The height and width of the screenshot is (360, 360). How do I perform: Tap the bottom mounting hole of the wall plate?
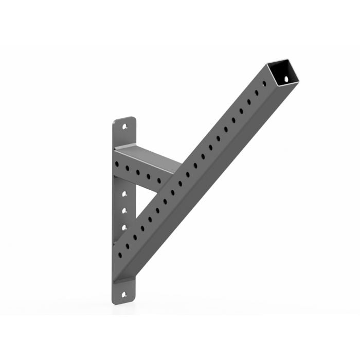(x=123, y=295)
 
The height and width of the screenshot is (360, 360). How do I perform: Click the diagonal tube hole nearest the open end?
(x=264, y=83)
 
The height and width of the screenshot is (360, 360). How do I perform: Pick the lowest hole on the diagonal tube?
(x=120, y=255)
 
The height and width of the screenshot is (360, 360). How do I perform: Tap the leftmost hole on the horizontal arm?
(x=117, y=165)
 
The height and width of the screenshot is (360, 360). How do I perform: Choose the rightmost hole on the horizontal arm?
(x=159, y=181)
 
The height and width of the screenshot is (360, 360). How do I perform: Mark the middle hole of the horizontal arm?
(x=138, y=172)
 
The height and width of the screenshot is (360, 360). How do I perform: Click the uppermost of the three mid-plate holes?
(x=124, y=194)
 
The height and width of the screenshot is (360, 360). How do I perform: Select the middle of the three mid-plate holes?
(x=124, y=210)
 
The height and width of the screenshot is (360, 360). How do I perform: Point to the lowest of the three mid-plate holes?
(x=124, y=226)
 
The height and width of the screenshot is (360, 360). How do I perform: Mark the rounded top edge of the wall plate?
(x=124, y=118)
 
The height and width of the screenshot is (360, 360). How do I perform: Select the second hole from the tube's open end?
(x=257, y=93)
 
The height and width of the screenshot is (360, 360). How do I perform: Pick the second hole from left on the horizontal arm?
(x=127, y=168)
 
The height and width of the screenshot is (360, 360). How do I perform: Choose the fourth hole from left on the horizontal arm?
(x=149, y=176)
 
